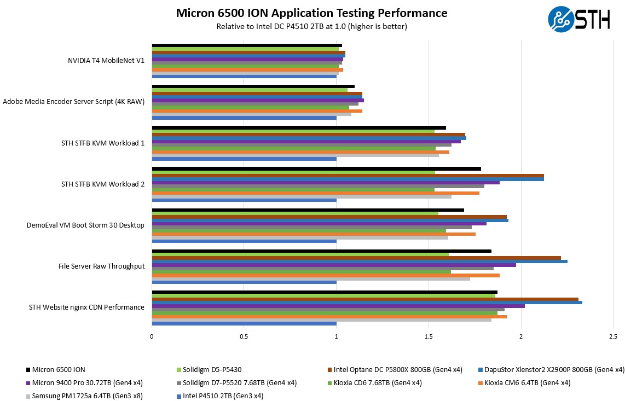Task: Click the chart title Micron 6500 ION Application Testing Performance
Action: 311,13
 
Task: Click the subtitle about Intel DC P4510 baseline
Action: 311,26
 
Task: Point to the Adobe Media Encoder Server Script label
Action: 74,102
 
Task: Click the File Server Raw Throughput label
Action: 102,266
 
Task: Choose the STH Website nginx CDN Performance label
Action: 86,307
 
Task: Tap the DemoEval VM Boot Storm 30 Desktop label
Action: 85,225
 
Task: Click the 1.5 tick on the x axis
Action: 429,336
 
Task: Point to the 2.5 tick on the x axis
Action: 613,336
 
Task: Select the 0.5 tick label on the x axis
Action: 244,336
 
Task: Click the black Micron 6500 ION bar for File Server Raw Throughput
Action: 321,251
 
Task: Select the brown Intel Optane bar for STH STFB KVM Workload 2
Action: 348,176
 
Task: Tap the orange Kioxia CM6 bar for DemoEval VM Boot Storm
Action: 314,234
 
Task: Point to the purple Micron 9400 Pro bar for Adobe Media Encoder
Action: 258,100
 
